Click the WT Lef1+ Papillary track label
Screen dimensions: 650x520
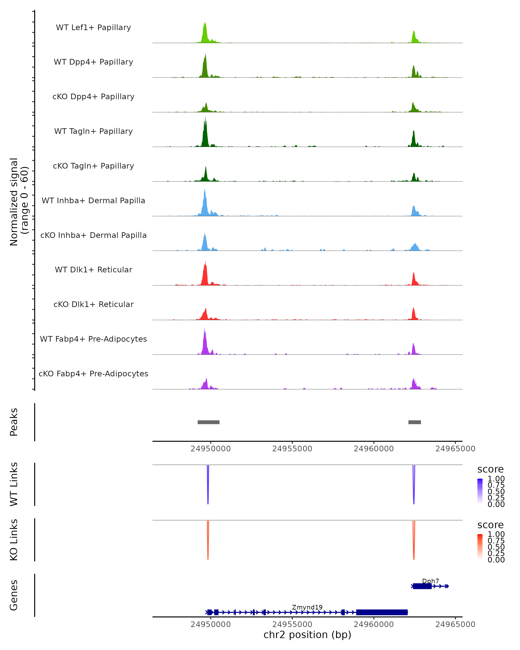point(93,28)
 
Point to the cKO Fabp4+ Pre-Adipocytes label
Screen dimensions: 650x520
point(93,374)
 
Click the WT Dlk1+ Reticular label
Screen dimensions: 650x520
point(93,270)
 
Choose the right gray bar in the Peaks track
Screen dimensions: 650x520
point(414,422)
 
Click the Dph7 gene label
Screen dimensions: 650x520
point(431,581)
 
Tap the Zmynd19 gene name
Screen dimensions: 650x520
point(307,607)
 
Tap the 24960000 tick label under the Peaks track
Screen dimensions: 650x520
point(374,449)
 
